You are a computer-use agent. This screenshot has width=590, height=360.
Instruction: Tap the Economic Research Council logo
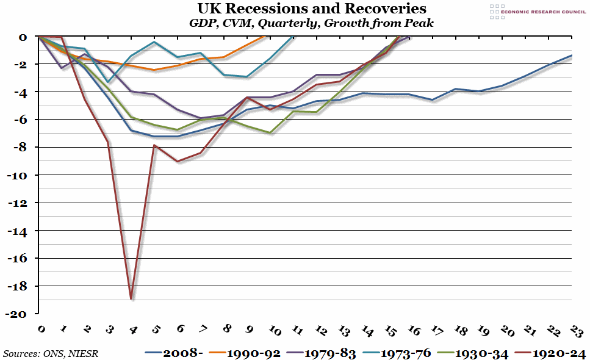click(x=534, y=11)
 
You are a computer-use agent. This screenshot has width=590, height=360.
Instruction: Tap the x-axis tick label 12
click(x=319, y=330)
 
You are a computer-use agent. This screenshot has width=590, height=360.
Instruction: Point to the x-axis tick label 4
click(x=133, y=330)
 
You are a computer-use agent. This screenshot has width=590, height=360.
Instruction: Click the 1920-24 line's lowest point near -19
click(x=131, y=299)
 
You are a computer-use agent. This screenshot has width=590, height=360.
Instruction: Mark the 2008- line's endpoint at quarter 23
click(x=571, y=56)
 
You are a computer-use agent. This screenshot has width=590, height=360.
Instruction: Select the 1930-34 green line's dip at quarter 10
click(x=270, y=132)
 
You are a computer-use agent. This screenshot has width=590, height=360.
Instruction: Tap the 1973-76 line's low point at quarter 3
click(x=108, y=82)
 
